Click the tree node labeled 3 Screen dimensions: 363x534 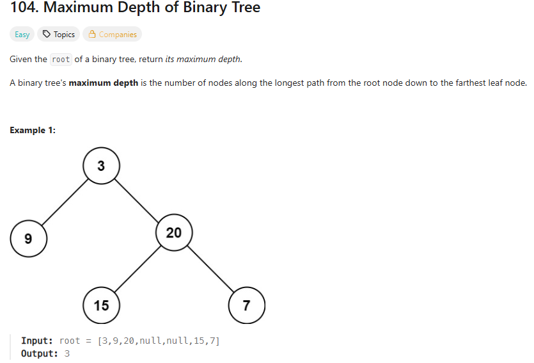pyautogui.click(x=101, y=166)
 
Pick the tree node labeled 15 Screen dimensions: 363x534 pyautogui.click(x=101, y=305)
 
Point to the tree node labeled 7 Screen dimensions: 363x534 pyautogui.click(x=247, y=305)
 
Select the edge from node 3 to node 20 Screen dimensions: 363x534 pyautogui.click(x=137, y=199)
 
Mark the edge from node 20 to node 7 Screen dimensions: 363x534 pyautogui.click(x=210, y=269)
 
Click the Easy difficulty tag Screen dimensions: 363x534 pyautogui.click(x=22, y=35)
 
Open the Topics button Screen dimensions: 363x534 pyautogui.click(x=58, y=35)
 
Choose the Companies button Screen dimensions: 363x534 pyautogui.click(x=113, y=35)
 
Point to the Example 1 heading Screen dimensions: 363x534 pyautogui.click(x=33, y=130)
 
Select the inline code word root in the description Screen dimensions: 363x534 pyautogui.click(x=61, y=60)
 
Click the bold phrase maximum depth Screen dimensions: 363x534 pyautogui.click(x=104, y=83)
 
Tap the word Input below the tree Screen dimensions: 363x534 pyautogui.click(x=36, y=341)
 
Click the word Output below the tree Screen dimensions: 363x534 pyautogui.click(x=39, y=353)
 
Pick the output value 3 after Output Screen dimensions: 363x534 pyautogui.click(x=67, y=353)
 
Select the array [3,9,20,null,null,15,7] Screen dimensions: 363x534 pyautogui.click(x=159, y=341)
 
